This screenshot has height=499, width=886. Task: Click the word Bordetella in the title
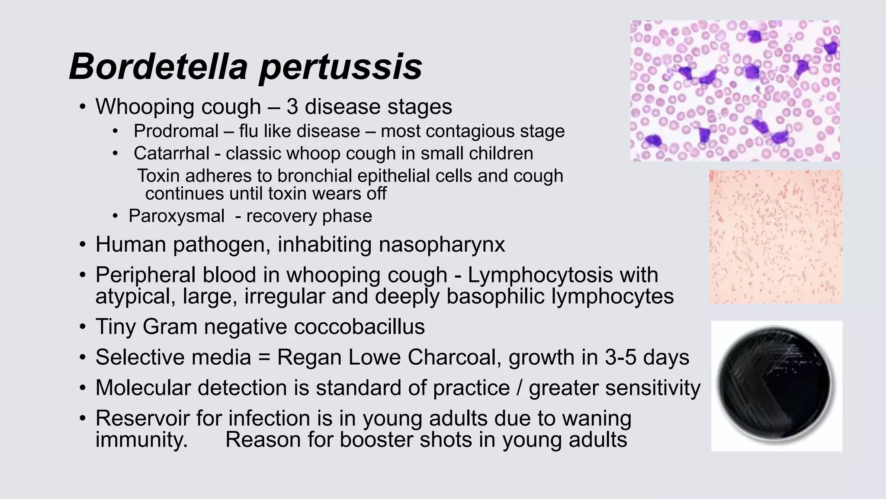158,66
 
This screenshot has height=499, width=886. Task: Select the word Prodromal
176,131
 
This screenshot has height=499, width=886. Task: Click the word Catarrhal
172,153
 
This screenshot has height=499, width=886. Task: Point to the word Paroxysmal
177,216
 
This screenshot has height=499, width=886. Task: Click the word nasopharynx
442,245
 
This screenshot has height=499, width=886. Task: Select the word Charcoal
454,357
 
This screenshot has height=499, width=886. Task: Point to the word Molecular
143,388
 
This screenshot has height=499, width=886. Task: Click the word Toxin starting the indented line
158,176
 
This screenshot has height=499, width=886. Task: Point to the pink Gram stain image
775,237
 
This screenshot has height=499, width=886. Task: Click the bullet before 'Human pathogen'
82,245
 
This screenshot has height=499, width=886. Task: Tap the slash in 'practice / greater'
519,388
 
